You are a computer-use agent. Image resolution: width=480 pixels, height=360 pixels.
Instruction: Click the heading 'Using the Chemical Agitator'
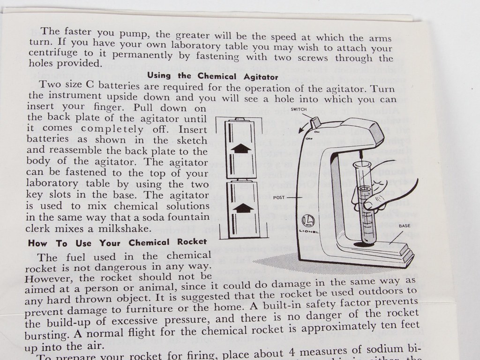coord(213,75)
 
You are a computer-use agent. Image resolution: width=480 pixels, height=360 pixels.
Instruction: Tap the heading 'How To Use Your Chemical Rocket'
coord(117,242)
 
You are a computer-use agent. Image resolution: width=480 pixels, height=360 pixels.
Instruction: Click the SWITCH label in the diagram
coord(299,109)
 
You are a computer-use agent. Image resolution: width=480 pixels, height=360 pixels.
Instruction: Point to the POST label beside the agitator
coord(280,198)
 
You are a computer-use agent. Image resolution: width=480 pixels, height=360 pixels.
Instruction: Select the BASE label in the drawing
coord(405,225)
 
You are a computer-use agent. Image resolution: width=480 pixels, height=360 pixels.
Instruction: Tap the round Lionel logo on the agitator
coord(307,220)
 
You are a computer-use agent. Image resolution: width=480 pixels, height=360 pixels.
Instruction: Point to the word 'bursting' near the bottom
coord(45,336)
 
